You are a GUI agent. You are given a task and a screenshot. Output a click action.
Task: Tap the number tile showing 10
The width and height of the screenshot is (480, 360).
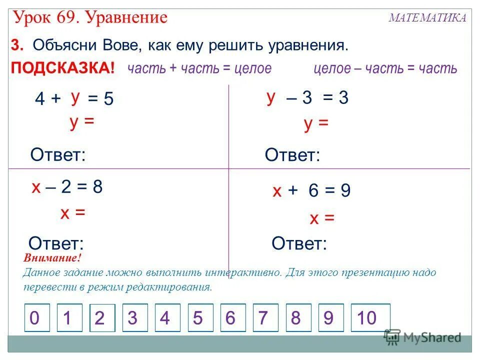(370, 317)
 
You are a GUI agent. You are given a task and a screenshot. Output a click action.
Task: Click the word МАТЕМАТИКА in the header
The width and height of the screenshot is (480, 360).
(427, 18)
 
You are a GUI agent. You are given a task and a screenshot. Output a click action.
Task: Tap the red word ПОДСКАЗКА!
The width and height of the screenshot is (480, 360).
(63, 68)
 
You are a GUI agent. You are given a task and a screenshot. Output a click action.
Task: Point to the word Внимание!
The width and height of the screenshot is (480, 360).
(52, 259)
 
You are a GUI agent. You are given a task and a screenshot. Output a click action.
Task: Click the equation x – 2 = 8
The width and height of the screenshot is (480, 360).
(67, 187)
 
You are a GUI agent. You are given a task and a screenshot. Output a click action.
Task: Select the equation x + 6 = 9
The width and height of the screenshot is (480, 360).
(311, 190)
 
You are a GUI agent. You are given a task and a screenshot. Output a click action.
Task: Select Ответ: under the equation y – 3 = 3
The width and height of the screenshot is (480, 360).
(292, 155)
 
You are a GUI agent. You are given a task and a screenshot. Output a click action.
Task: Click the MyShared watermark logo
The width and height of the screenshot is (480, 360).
(422, 337)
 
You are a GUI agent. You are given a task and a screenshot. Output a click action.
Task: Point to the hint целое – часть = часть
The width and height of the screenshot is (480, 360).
(385, 68)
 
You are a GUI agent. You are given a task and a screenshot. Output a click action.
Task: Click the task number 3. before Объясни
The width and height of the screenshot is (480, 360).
(18, 46)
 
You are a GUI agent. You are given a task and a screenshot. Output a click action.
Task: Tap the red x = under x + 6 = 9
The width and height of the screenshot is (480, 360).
(321, 218)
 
